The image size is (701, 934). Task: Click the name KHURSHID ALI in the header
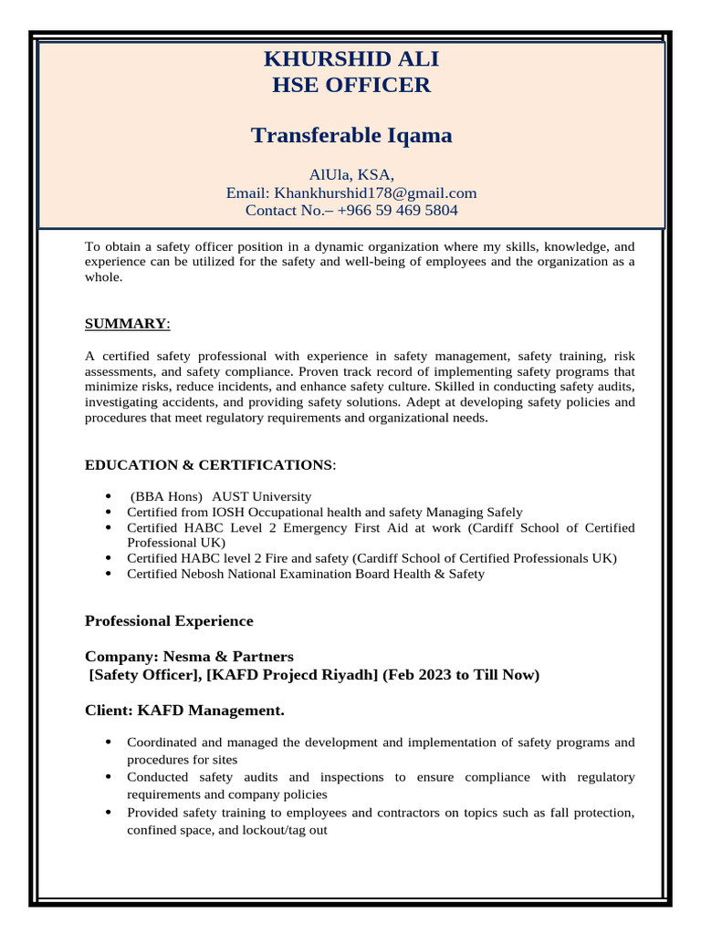tap(351, 59)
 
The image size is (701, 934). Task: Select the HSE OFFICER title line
tap(351, 86)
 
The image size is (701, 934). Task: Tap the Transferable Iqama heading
tap(351, 136)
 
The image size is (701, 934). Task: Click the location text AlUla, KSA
tap(351, 175)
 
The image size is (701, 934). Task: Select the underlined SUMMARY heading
tap(126, 324)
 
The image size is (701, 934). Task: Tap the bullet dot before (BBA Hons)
tap(109, 497)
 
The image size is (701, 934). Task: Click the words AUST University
tap(261, 497)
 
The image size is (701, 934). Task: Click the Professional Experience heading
tap(169, 621)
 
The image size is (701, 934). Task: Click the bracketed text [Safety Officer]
tap(144, 675)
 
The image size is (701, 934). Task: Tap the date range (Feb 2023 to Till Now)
tap(461, 675)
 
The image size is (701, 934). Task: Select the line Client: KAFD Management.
tap(184, 710)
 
